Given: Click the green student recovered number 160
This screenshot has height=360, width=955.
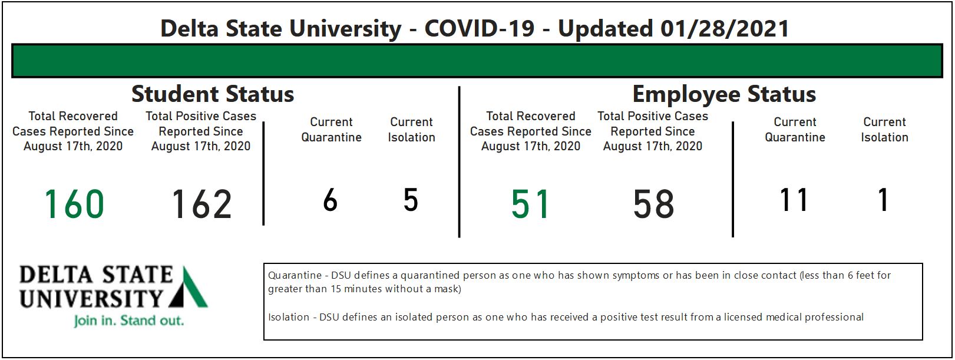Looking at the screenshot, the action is [74, 204].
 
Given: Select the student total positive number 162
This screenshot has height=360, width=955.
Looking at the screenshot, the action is [201, 204].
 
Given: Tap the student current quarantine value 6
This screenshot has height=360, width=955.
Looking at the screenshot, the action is [331, 200].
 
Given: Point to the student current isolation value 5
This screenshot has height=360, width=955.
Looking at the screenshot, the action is [411, 200].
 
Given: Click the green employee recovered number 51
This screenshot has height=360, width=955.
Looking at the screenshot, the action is [530, 204].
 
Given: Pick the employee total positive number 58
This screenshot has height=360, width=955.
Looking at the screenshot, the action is [653, 204].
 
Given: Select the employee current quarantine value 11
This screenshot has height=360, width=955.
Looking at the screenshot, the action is [794, 200].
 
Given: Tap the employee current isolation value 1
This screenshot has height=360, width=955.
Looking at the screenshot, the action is [884, 200].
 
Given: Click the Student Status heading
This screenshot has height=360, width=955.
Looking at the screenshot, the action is [213, 94].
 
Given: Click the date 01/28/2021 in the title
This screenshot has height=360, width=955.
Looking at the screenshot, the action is [724, 29].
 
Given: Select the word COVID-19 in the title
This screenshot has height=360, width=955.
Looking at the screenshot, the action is [479, 29].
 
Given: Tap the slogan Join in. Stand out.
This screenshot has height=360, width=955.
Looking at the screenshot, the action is [129, 321].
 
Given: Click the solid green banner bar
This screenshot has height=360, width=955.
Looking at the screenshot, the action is [477, 61].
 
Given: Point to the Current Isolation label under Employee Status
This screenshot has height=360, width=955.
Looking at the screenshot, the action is [884, 130].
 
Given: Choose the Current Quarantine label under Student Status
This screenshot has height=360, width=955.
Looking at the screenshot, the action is [331, 130].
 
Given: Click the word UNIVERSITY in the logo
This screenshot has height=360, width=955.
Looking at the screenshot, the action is [91, 299].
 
